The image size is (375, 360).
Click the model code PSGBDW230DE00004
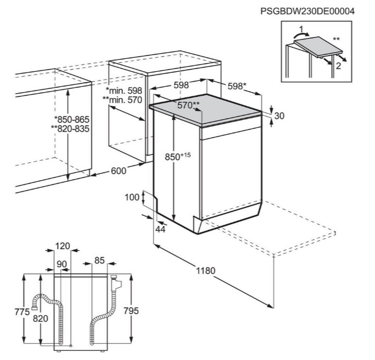coord(307,11)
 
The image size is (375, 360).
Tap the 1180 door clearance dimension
coord(206,271)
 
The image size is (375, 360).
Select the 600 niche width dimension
coord(118,171)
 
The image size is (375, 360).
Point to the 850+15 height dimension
coord(178,157)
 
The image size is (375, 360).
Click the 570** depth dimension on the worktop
coord(188,105)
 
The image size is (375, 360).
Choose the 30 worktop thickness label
coord(279,116)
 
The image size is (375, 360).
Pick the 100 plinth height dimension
coord(132,197)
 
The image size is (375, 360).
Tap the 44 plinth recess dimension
coord(160,229)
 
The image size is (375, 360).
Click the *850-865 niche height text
coord(71,119)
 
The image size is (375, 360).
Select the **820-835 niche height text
coord(70,128)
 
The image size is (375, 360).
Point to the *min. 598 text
coord(124,91)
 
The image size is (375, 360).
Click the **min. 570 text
coord(122,100)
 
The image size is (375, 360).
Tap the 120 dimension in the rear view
coord(63,246)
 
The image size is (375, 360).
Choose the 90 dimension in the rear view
coord(61,264)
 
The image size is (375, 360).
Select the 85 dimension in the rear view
coord(99,260)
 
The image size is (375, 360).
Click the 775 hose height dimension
coord(22,312)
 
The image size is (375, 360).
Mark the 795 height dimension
coord(131,311)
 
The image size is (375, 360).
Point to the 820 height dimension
coord(41,318)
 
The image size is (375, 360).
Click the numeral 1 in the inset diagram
coord(301,29)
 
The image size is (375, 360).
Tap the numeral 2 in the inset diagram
coord(338,66)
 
